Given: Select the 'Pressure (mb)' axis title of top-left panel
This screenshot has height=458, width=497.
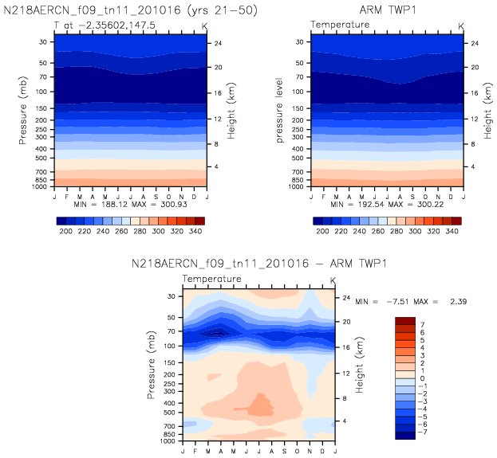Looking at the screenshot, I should (x=21, y=111).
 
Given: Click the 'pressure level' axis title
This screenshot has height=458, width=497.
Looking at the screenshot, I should (x=279, y=111).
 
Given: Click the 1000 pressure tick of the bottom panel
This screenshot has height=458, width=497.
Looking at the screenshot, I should (x=170, y=440).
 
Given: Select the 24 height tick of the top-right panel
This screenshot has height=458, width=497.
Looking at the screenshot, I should (x=474, y=42).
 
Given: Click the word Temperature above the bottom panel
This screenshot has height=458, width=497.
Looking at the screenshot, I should (x=212, y=280).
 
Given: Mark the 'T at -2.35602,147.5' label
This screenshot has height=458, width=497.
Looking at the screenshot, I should (x=93, y=25).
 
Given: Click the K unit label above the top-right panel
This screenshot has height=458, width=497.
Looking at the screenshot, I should (x=462, y=25).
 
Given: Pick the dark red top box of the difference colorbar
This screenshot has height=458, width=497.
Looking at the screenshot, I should (x=405, y=320).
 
